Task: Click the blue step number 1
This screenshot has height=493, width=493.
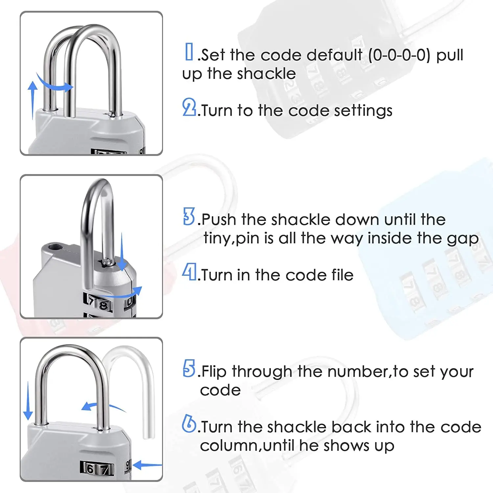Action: pyautogui.click(x=189, y=52)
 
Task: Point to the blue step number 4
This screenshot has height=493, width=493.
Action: pyautogui.click(x=189, y=272)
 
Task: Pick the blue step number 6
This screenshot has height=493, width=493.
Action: pyautogui.click(x=189, y=424)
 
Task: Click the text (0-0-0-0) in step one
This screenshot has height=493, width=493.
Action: pyautogui.click(x=399, y=55)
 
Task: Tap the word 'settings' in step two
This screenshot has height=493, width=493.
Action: pyautogui.click(x=363, y=111)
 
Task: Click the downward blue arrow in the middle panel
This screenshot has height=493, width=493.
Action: pyautogui.click(x=122, y=251)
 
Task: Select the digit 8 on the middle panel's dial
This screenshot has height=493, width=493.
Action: pyautogui.click(x=103, y=306)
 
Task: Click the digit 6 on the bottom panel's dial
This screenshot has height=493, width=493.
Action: pyautogui.click(x=90, y=468)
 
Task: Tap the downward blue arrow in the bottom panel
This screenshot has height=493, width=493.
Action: pyautogui.click(x=28, y=401)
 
